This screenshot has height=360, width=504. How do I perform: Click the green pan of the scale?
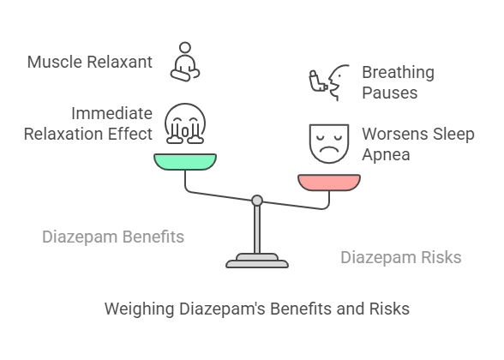click(185, 162)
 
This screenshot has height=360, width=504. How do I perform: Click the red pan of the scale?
click(329, 183)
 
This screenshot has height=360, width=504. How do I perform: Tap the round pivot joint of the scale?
click(257, 201)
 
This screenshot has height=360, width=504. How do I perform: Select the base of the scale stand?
click(257, 261)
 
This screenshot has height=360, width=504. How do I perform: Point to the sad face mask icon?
click(329, 143)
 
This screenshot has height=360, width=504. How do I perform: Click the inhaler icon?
click(318, 81)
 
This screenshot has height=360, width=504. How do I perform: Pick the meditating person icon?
click(185, 62)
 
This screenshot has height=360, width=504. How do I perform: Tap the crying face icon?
click(185, 123)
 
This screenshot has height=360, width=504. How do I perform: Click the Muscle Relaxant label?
click(90, 62)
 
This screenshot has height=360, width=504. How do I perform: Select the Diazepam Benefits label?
click(113, 237)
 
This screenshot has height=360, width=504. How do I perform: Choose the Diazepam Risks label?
click(401, 257)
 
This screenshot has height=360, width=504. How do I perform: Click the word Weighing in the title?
click(139, 309)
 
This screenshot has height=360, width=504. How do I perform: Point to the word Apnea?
click(386, 154)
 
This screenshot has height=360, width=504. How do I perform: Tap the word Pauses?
click(389, 93)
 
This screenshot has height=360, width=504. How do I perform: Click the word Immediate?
click(111, 113)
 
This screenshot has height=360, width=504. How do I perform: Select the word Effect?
click(130, 134)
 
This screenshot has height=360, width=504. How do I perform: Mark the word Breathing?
click(399, 72)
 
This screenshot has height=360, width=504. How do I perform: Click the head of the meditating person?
click(185, 47)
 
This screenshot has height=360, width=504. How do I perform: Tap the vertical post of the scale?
click(257, 230)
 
